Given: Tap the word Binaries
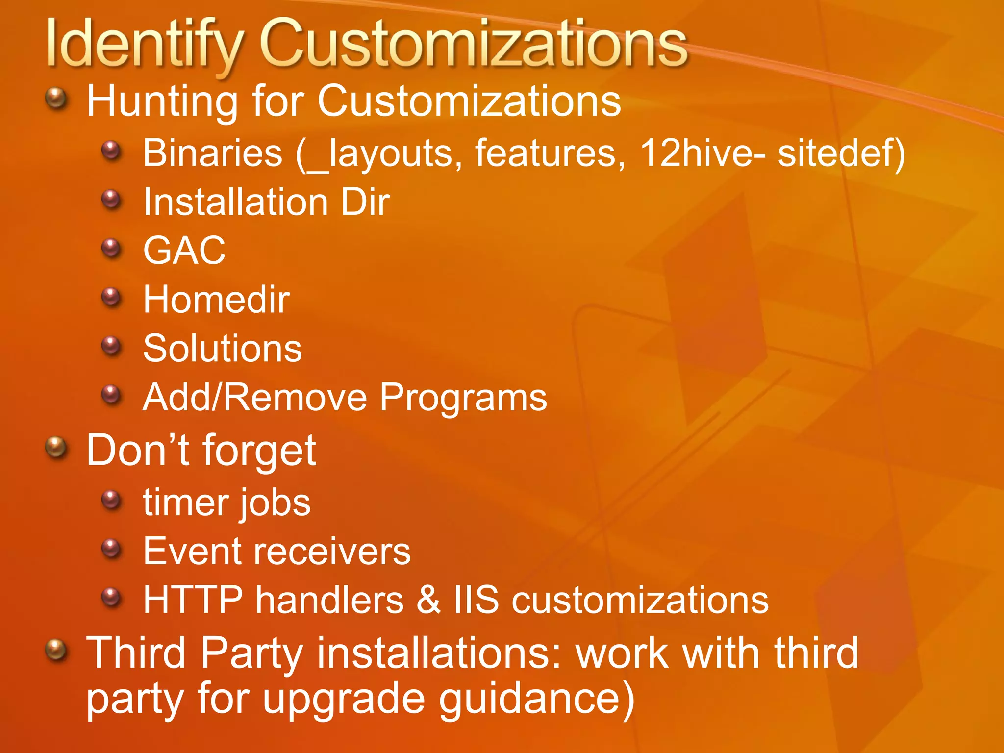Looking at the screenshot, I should pyautogui.click(x=213, y=153).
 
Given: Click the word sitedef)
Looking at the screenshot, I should pyautogui.click(x=841, y=153).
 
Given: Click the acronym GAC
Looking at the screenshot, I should pyautogui.click(x=184, y=251).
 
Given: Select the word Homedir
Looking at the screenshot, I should pyautogui.click(x=216, y=300).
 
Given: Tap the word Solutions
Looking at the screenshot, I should pyautogui.click(x=223, y=349).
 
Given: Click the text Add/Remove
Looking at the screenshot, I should pyautogui.click(x=254, y=397).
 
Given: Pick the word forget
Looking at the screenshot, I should pyautogui.click(x=259, y=451).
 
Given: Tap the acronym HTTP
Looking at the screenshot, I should pyautogui.click(x=193, y=600).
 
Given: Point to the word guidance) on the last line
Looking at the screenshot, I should pyautogui.click(x=536, y=699).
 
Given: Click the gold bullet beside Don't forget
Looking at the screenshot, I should pyautogui.click(x=56, y=447).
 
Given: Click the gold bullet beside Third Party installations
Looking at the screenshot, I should pyautogui.click(x=56, y=650).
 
